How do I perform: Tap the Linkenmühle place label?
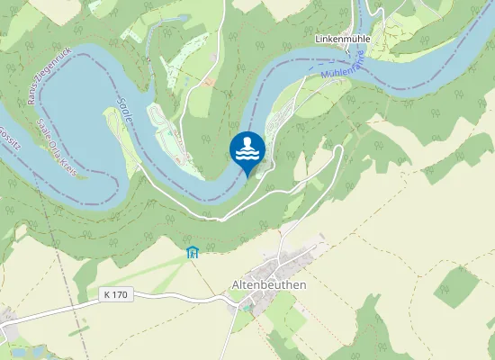tap(343, 40)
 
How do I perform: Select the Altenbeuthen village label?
tap(269, 284)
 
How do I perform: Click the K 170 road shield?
tap(116, 294)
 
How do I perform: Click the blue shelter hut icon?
tap(191, 252)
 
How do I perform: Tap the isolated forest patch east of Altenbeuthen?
tap(457, 286)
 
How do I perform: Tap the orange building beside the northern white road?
tap(209, 81)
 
